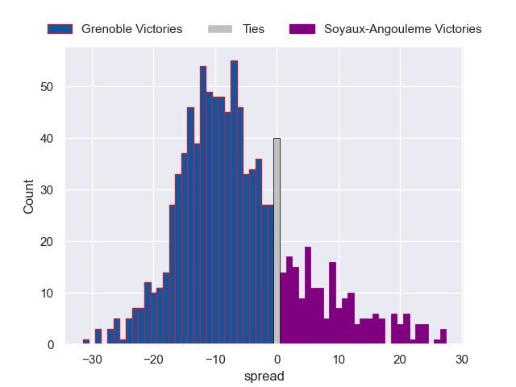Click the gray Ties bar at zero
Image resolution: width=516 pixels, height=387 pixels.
pos(277,242)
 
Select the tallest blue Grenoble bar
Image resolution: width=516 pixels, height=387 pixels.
pos(234,202)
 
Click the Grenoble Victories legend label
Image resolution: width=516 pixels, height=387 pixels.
pos(131,29)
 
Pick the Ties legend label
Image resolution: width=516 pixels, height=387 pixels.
pos(253,29)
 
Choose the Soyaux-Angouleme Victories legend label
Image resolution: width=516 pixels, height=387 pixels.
pos(402,29)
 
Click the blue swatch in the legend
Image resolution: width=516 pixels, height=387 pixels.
pos(60,29)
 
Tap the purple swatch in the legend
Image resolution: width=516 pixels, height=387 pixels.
pos(301,29)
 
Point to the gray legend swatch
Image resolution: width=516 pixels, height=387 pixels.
pos(219,29)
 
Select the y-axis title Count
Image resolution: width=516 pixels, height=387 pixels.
pos(29,196)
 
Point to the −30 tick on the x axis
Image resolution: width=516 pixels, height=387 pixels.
pos(92,359)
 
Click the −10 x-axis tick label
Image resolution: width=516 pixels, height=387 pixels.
pos(215,359)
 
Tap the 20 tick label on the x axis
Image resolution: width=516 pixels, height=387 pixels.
pos(400,359)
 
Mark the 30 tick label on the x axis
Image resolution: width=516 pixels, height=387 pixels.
pos(461,359)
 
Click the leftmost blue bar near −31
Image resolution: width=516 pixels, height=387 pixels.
pos(86,342)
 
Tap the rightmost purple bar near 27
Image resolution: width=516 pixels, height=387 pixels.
pos(443,337)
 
